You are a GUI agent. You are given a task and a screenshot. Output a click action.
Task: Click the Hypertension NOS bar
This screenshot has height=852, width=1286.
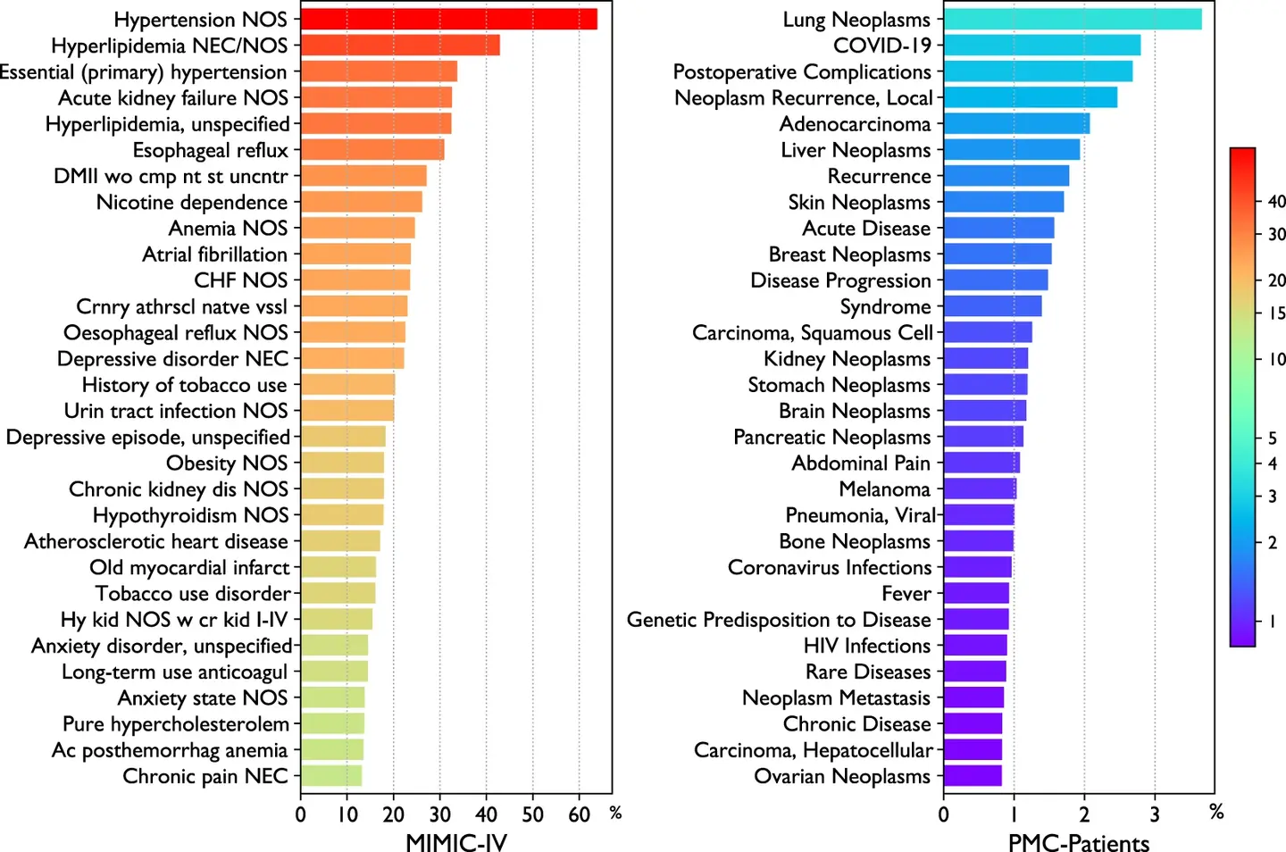pos(448,19)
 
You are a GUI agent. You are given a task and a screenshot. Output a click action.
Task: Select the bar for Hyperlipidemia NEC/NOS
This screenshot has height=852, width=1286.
pos(400,46)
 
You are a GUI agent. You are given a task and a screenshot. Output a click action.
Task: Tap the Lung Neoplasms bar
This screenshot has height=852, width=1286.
pos(1073,19)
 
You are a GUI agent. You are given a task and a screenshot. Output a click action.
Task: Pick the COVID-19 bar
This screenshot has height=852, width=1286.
pos(1042,46)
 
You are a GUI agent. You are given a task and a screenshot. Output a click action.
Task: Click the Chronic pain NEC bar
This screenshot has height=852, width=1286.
pos(331,776)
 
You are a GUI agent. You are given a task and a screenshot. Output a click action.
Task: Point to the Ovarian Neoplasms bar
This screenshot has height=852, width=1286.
pos(973,776)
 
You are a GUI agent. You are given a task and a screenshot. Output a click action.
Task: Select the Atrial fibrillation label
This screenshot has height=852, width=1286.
pos(214,255)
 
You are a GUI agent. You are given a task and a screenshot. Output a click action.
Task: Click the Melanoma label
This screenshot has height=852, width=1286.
pos(884,489)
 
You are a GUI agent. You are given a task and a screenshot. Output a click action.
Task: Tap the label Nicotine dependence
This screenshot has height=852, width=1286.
pos(192,203)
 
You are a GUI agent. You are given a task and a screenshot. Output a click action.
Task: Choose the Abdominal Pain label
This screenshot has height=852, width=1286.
pos(861,464)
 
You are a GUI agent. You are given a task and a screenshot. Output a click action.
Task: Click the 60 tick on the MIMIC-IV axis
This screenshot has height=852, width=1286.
pos(579,814)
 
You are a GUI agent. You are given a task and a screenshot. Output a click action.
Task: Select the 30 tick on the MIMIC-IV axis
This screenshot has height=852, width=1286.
pos(439,814)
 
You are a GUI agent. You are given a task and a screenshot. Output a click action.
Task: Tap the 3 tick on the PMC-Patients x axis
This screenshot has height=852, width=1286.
pos(1155,814)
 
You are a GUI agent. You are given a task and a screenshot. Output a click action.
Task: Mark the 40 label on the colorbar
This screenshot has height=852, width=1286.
pos(1276,202)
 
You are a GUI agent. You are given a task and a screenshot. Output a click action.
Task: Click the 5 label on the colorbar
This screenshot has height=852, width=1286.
pos(1273,438)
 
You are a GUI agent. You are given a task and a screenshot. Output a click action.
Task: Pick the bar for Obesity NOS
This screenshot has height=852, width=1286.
pos(342,464)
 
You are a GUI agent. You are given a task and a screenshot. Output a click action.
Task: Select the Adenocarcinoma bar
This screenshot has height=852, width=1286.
pos(1016,124)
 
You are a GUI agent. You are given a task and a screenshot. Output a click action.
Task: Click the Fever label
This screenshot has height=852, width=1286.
pos(906,594)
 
